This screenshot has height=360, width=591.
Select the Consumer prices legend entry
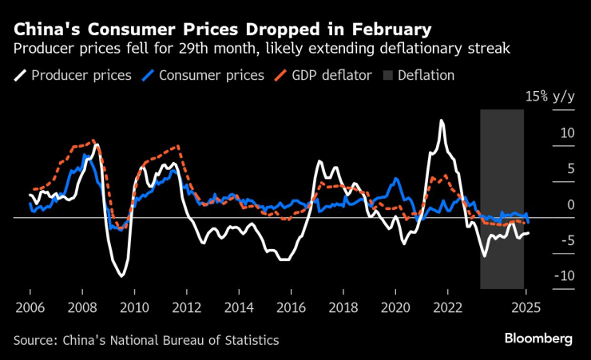click(212, 76)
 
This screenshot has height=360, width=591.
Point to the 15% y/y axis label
click(549, 97)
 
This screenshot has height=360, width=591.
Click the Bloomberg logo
click(538, 339)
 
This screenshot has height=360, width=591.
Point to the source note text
click(146, 340)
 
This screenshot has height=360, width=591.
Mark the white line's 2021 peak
click(441, 121)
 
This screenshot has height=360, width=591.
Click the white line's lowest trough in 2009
click(121, 276)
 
